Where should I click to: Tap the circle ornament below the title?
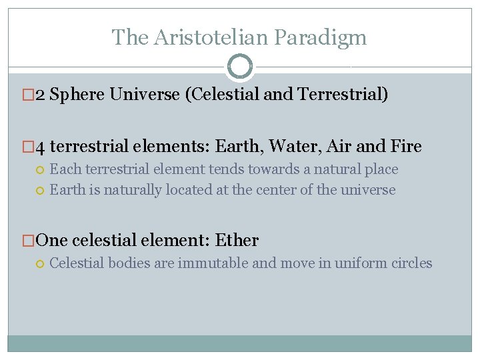[x=240, y=67]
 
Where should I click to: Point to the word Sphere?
[x=78, y=95]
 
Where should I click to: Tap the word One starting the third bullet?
[x=52, y=240]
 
